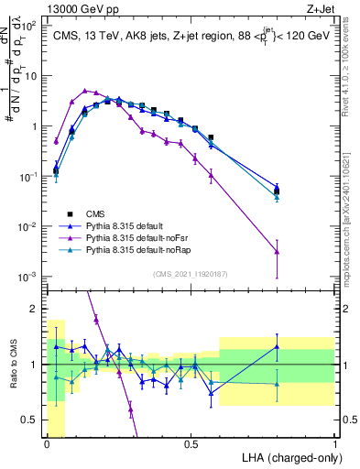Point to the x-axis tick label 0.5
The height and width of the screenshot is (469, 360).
coord(191,444)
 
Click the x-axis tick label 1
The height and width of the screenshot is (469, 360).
coord(334,444)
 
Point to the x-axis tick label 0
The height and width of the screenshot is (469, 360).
coord(48,444)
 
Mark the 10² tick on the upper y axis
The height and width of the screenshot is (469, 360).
coord(30,26)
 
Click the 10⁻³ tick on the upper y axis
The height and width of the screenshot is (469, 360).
coord(30,277)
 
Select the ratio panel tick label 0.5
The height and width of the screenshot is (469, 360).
coord(32,420)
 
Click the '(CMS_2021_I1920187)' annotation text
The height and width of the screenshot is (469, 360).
coord(191,273)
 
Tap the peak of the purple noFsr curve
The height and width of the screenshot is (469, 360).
coord(85,91)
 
